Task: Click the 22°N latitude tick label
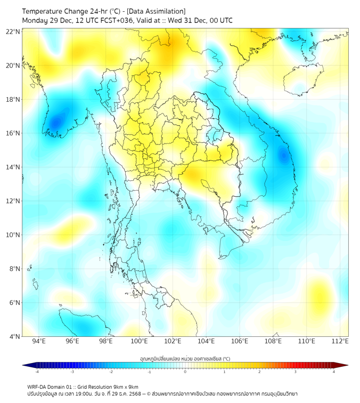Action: (13, 32)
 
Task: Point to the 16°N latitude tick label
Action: (13, 133)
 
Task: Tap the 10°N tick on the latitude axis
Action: (13, 235)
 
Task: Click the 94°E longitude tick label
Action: (39, 341)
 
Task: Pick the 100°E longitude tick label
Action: (140, 341)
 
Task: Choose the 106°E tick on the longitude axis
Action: (240, 341)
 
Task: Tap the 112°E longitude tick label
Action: (341, 341)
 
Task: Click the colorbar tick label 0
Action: (185, 372)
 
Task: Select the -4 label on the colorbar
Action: (36, 372)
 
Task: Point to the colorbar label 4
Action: (334, 372)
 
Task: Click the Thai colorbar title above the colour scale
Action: (185, 358)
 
